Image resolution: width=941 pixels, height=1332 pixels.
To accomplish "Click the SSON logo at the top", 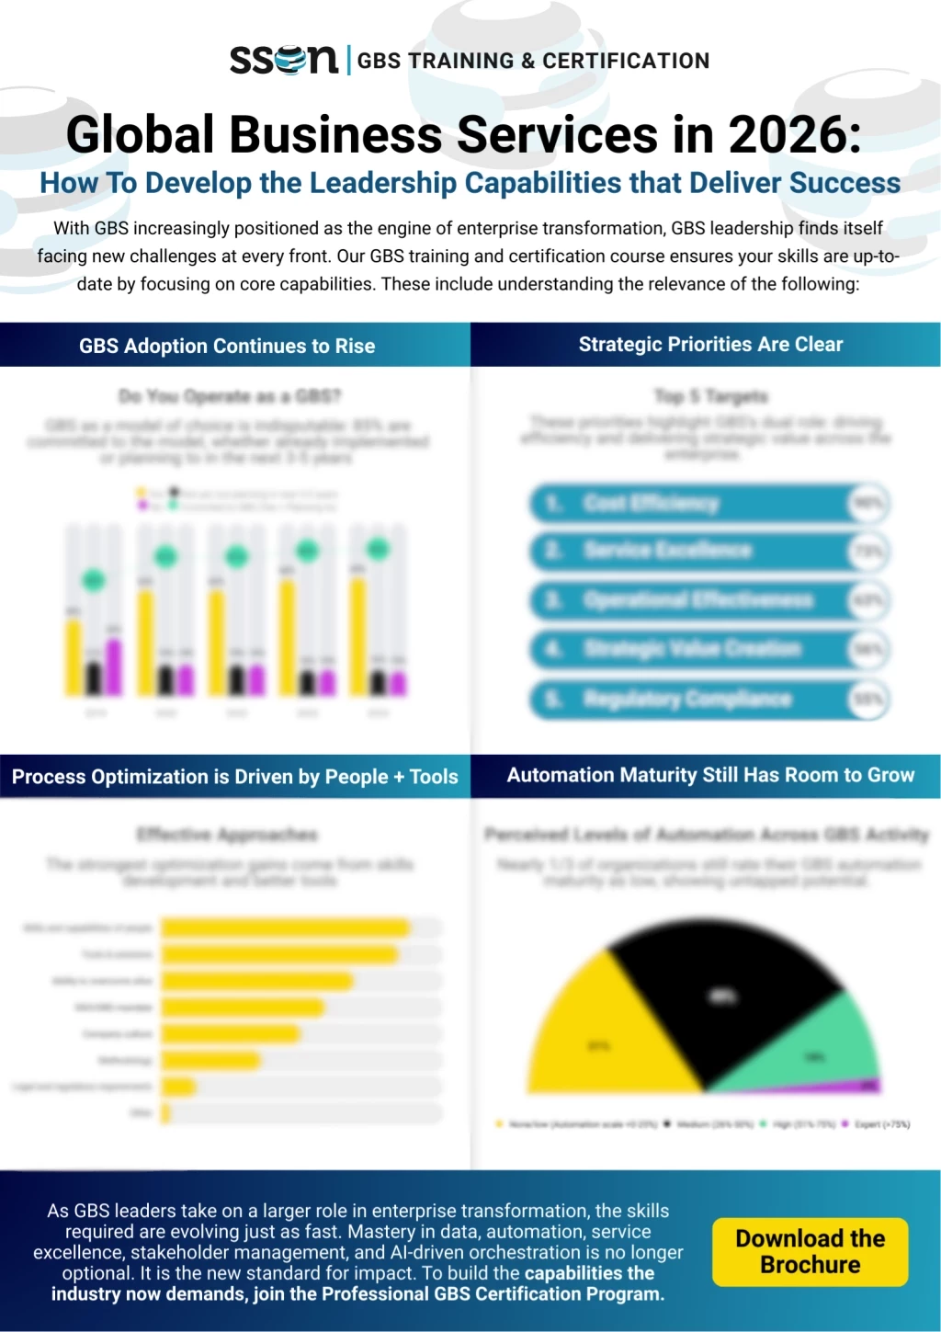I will point(284,60).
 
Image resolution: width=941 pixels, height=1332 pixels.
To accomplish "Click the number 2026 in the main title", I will point(795,134).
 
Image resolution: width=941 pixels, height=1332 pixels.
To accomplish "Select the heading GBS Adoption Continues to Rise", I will point(227,347).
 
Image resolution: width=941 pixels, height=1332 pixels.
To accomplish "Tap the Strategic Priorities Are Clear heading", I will point(710,345).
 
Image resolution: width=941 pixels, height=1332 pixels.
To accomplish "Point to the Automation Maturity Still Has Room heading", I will point(710,776).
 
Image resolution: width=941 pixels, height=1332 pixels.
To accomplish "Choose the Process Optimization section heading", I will point(234,777).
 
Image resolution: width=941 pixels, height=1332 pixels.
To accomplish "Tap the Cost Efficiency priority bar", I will point(689,504).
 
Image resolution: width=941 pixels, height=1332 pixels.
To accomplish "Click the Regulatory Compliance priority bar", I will point(689,700).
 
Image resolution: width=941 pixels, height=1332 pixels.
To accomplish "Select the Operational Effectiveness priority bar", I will point(689,601).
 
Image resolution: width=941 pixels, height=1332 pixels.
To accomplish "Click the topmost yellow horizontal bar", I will point(285,928).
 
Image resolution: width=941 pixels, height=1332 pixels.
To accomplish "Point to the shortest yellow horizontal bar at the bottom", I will point(166,1114).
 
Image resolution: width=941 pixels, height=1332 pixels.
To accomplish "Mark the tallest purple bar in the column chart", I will point(114,666).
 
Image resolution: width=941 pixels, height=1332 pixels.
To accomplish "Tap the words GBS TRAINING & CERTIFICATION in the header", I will point(533,61).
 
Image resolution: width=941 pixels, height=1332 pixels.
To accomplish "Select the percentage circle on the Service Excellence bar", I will point(868,552).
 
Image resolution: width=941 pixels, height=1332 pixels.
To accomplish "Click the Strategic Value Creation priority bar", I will point(689,650).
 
